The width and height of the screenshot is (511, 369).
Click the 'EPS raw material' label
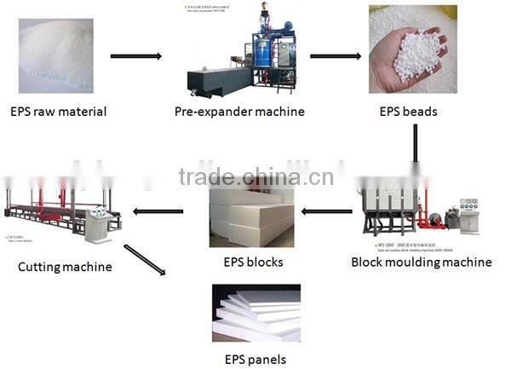58,112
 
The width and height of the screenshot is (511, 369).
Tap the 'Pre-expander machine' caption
239,112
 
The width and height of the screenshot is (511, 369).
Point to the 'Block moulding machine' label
421,262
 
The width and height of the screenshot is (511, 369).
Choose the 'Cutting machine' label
65,267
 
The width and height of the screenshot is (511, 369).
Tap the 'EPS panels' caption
255,359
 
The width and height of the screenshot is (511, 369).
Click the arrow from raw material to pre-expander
136,57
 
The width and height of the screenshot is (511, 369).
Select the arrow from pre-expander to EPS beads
333,57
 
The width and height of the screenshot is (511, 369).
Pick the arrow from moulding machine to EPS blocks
328,211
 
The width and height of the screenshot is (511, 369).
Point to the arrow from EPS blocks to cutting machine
160,211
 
